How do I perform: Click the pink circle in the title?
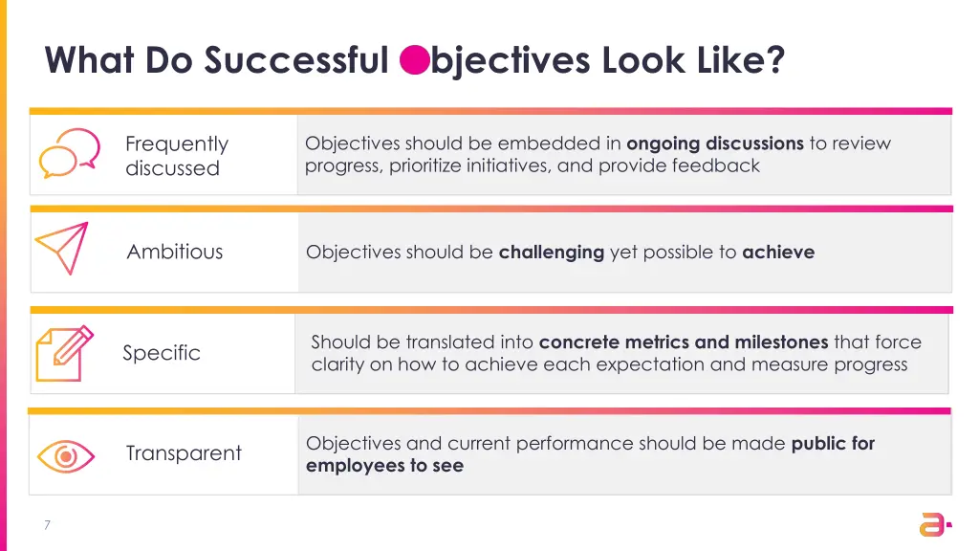point(414,60)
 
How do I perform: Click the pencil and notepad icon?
point(64,353)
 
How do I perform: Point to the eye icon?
point(65,455)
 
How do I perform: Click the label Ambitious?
point(175,252)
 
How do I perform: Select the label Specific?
point(162,353)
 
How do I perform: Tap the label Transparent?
point(184,453)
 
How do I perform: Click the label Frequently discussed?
point(176,156)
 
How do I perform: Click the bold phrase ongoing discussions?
point(714,143)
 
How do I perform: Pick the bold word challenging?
point(552,253)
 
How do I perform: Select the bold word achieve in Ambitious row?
point(778,253)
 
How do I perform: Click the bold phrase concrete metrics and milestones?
point(684,342)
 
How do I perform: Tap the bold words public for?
point(833,443)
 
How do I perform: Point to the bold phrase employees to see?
point(384,466)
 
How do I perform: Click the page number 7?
point(46,524)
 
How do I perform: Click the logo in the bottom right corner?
point(933,523)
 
